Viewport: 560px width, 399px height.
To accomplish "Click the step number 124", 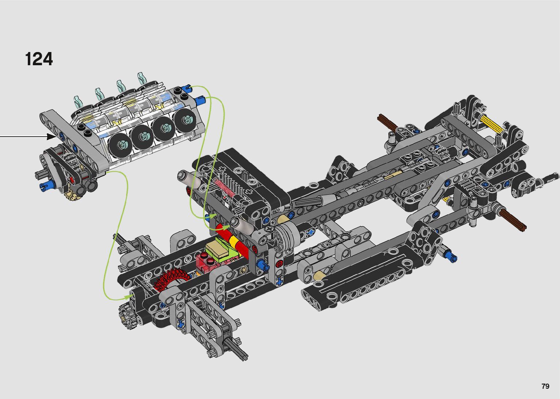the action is [x=39, y=59].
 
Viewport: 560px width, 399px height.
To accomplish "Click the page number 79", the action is [x=545, y=386].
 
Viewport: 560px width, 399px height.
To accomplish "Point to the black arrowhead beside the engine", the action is [x=52, y=137].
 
